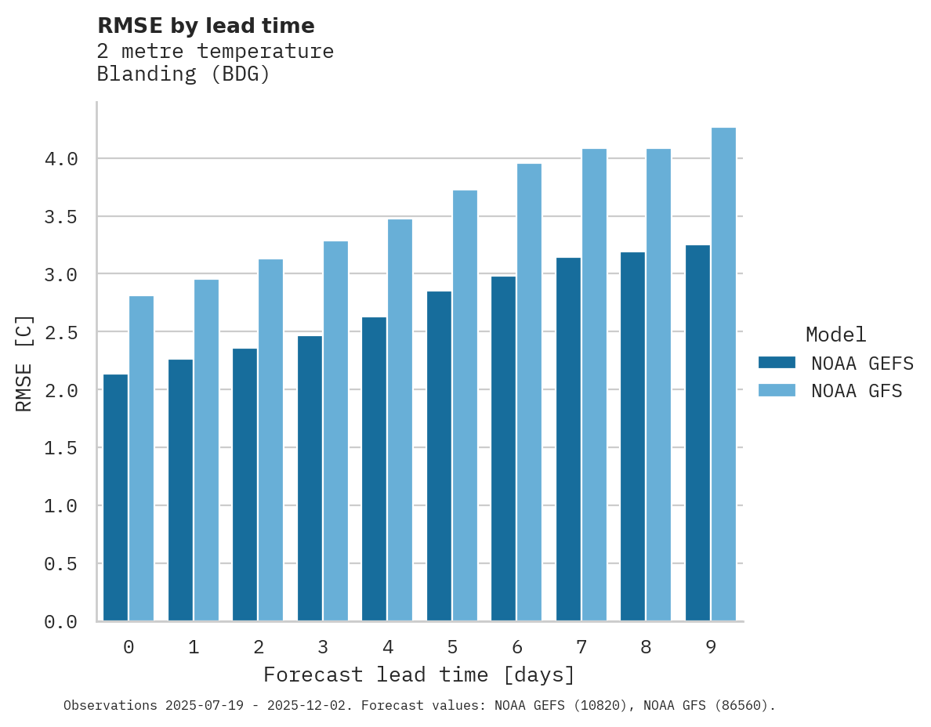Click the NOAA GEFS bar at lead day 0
(x=115, y=497)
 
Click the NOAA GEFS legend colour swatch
(x=777, y=363)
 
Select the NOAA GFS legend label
(x=857, y=391)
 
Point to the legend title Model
(x=835, y=335)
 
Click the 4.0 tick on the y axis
(x=61, y=159)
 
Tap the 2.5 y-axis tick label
(x=61, y=333)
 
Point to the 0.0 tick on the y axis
(x=61, y=622)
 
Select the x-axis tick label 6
(x=516, y=647)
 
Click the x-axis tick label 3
(x=322, y=647)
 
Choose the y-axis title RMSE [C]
(x=24, y=363)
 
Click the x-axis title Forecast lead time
(x=419, y=675)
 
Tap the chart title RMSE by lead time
(x=205, y=26)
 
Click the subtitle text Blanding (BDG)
(x=183, y=74)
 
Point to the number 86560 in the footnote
(x=745, y=706)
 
